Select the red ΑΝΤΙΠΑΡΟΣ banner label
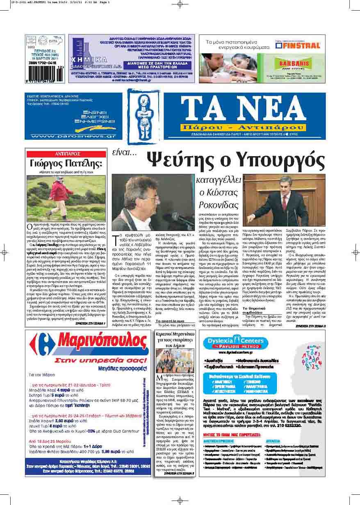click(x=66, y=154)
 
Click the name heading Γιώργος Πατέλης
click(x=66, y=165)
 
